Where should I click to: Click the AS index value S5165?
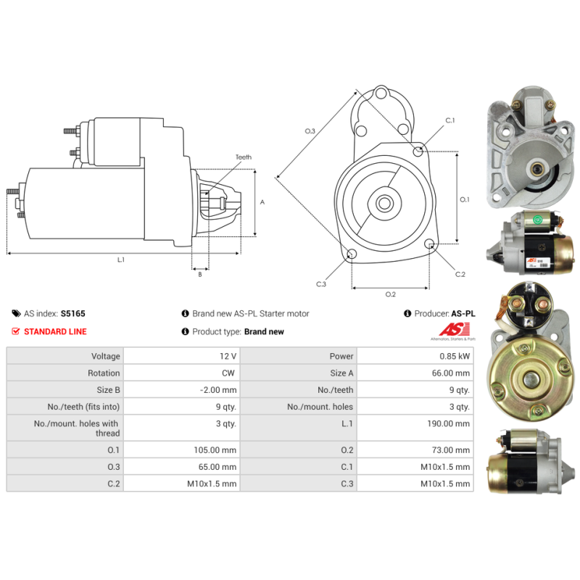[73, 314]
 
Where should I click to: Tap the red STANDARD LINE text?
[55, 331]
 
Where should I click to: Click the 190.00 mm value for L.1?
[448, 423]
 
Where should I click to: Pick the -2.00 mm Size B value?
[218, 390]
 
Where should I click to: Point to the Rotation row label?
[104, 373]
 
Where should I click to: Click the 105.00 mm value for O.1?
[215, 449]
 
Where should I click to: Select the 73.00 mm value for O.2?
[450, 449]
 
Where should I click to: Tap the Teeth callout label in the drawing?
[244, 157]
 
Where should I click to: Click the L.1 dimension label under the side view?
[121, 260]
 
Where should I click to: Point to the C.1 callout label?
[449, 120]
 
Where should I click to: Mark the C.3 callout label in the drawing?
[321, 284]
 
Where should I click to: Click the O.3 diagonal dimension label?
[310, 131]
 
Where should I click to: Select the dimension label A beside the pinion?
[262, 202]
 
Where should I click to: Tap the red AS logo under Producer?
[455, 329]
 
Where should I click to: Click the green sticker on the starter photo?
[537, 220]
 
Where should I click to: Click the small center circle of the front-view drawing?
[385, 203]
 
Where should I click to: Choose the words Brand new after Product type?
[264, 331]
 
